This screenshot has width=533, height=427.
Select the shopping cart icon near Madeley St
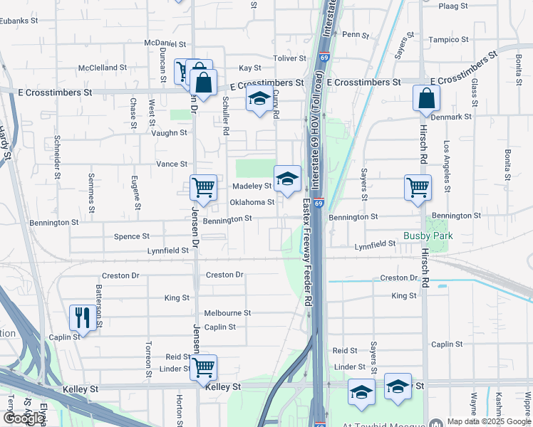pos(203,187)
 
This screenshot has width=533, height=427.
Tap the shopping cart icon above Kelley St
pos(204,367)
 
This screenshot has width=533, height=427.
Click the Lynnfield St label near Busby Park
pos(376,244)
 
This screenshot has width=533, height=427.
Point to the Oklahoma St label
pos(252,202)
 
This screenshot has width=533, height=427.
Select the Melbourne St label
pos(227,312)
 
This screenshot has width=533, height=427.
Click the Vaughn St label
pos(168,132)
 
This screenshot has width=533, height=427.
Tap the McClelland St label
pos(103,68)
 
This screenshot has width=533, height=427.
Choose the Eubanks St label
pos(19,21)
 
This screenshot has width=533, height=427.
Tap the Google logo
pos(24,418)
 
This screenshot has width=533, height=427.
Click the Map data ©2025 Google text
pos(489,421)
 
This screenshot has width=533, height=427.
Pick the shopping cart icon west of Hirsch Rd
pos(418,187)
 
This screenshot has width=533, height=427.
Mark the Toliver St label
pos(289,58)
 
